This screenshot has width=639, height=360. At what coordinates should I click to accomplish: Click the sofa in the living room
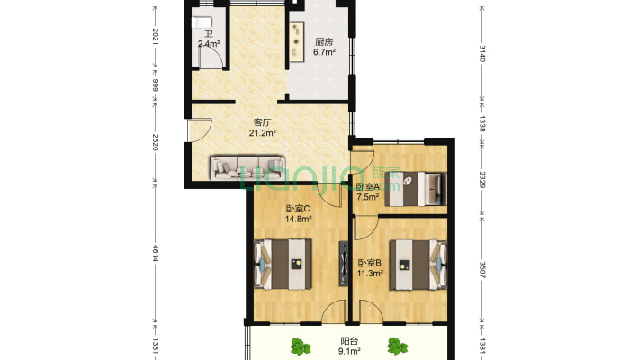[x=247, y=167]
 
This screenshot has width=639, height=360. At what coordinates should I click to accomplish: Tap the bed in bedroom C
[x=283, y=265]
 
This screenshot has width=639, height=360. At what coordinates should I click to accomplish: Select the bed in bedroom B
[x=418, y=265]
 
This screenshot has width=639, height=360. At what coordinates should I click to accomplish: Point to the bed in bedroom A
[x=416, y=189]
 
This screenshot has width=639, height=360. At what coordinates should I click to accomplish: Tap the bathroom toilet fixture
[x=201, y=22]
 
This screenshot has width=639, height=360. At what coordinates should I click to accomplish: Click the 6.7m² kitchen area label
[x=324, y=52]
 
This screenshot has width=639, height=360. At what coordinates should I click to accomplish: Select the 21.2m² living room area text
[x=263, y=132]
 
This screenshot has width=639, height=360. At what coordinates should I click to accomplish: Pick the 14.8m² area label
[x=298, y=219]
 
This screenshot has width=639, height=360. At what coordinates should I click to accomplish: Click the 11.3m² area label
[x=370, y=274]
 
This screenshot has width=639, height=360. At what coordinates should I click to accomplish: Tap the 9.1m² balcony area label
[x=349, y=351]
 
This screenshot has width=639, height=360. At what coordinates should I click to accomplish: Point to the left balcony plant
[x=301, y=346]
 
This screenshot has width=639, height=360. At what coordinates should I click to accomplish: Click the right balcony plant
[x=397, y=346]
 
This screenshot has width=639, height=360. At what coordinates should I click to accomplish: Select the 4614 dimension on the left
[x=156, y=253]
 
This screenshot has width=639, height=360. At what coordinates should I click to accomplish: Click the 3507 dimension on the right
[x=482, y=270]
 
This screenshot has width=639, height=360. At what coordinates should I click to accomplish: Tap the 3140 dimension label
[x=482, y=53]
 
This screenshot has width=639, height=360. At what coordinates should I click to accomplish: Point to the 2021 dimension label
[x=156, y=37]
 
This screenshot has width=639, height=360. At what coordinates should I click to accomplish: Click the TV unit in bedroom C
[x=345, y=264]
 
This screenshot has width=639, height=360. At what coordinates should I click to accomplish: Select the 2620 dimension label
[x=156, y=142]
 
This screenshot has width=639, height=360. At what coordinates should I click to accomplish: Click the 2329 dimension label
[x=482, y=180]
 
